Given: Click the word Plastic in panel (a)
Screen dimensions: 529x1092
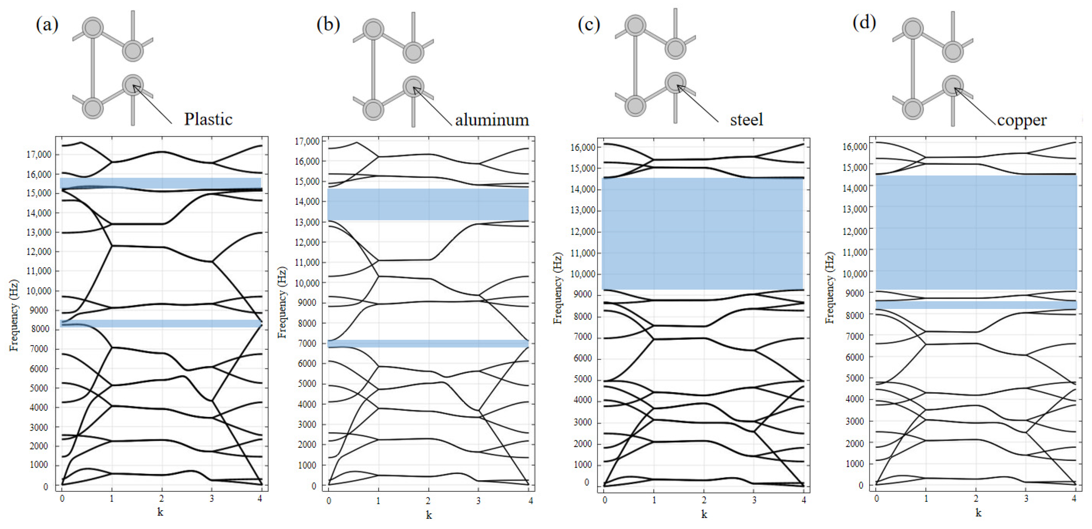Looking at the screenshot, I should [x=208, y=119].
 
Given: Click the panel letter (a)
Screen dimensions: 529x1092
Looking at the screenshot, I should [x=47, y=25].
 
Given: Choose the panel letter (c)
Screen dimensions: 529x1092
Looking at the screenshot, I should [x=589, y=25].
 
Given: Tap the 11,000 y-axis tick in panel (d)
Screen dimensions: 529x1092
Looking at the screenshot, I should [x=854, y=252].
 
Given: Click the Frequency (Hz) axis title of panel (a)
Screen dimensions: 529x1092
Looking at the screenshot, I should [x=14, y=315].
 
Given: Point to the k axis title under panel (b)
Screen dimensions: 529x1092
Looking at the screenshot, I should [x=429, y=515].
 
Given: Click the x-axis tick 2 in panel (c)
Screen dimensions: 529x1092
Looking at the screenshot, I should [x=704, y=500].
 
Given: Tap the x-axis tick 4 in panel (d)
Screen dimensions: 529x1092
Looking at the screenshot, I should [x=1074, y=499].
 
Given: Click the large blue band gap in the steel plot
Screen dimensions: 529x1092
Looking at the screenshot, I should [x=702, y=233].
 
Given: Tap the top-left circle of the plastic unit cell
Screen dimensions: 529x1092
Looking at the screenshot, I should [x=92, y=28].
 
